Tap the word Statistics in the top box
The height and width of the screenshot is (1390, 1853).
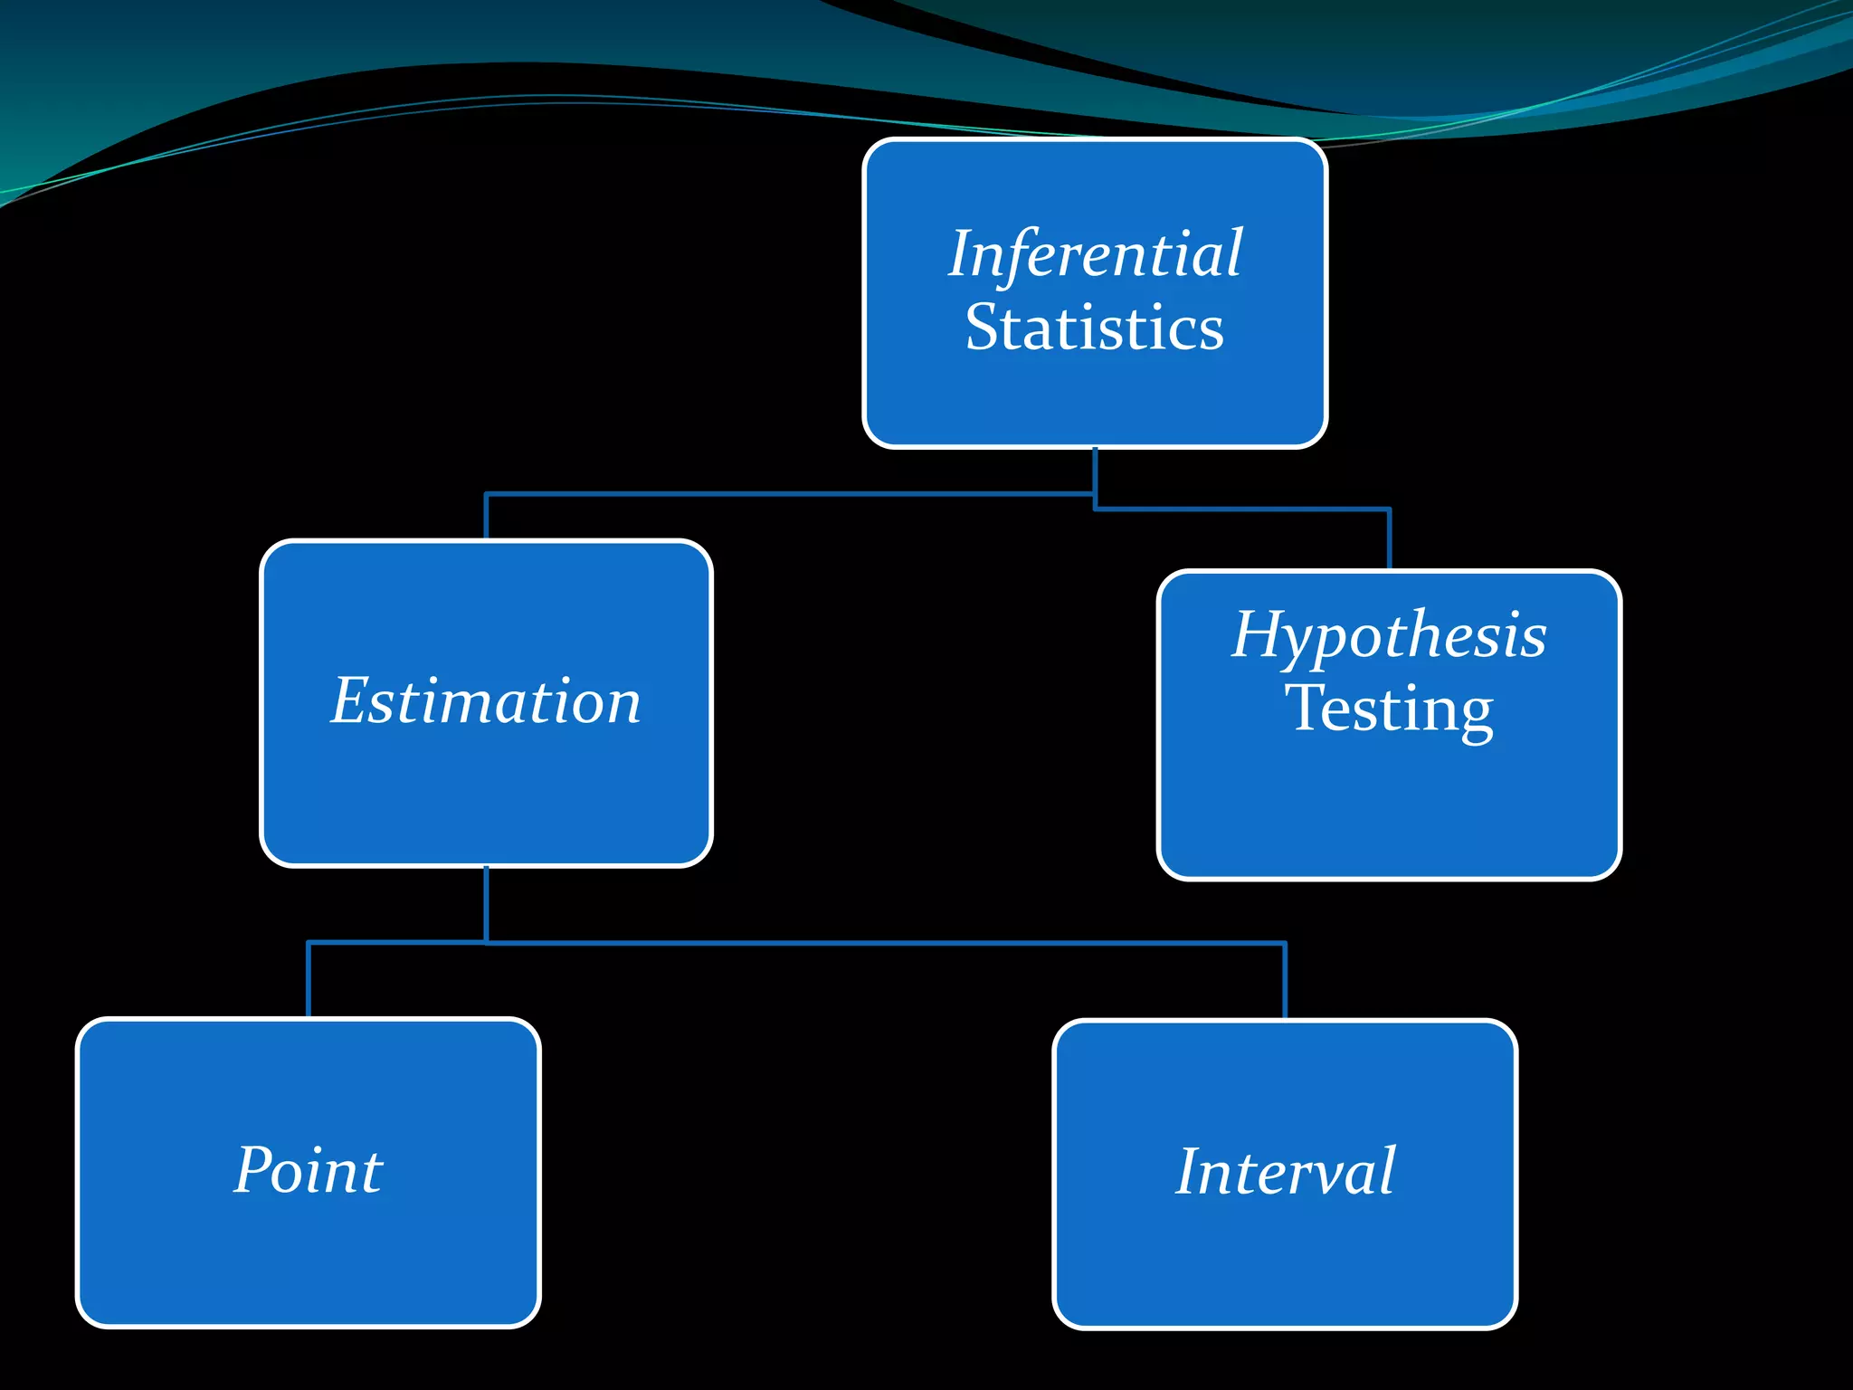coord(1095,328)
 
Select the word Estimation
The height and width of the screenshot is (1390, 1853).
coord(486,701)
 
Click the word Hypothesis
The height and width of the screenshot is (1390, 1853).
coord(1389,635)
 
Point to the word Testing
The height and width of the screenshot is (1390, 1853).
coord(1389,709)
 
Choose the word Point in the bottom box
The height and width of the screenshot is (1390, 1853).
coord(308,1171)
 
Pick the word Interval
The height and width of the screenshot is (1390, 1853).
coord(1285,1172)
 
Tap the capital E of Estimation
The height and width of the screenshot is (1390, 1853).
coord(348,701)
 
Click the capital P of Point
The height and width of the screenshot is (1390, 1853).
coord(252,1169)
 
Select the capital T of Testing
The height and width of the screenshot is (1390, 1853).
coord(1306,708)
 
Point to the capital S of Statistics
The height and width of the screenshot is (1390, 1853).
coord(982,328)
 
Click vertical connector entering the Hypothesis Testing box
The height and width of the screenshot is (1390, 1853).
coord(1389,540)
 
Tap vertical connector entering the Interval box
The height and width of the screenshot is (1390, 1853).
coord(1285,981)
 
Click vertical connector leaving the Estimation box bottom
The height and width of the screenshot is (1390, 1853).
coord(486,905)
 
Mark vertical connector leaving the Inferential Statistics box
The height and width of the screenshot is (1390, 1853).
coord(1095,471)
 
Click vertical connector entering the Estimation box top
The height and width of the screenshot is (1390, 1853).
coord(486,517)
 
